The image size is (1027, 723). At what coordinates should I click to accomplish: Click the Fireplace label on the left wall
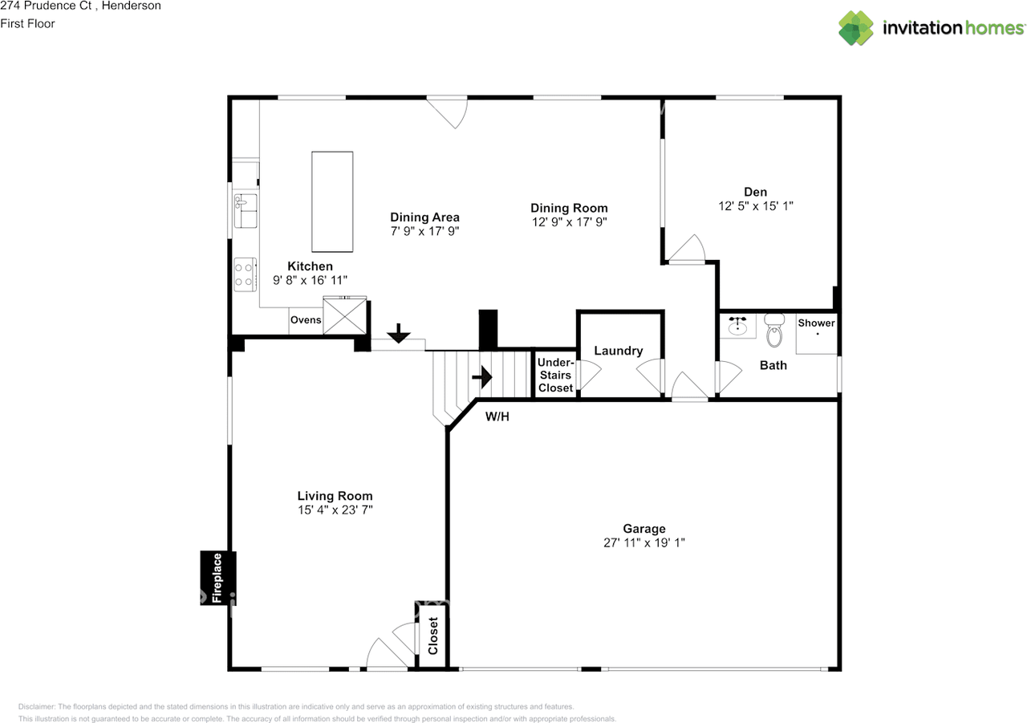[x=217, y=578]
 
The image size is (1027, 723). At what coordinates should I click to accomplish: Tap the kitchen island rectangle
[x=332, y=201]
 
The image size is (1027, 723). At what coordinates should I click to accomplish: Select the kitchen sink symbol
[x=246, y=211]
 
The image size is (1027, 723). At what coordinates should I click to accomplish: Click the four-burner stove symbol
[x=246, y=274]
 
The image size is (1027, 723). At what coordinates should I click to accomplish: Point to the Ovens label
[x=306, y=320]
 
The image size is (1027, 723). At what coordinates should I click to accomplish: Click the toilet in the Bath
[x=774, y=330]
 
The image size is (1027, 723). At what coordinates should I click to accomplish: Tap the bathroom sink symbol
[x=737, y=326]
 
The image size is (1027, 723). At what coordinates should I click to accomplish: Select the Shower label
[x=816, y=323]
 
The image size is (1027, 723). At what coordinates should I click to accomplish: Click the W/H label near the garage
[x=497, y=416]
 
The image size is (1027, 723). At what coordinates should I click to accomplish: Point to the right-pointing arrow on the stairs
[x=482, y=377]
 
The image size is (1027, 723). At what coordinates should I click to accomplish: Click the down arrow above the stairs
[x=399, y=333]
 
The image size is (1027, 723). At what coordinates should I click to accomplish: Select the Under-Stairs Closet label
[x=556, y=375]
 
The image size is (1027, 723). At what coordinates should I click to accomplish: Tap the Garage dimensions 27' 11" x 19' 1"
[x=644, y=542]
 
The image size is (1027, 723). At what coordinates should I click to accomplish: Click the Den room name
[x=756, y=192]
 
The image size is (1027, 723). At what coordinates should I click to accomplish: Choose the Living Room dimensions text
[x=335, y=510]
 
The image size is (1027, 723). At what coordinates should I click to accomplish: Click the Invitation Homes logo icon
[x=856, y=28]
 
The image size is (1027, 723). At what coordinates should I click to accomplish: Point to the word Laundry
[x=619, y=351]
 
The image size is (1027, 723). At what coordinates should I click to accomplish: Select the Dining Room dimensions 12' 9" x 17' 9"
[x=570, y=222]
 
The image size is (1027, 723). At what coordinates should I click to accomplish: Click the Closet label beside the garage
[x=433, y=636]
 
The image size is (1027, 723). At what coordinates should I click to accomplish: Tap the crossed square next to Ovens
[x=345, y=316]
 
